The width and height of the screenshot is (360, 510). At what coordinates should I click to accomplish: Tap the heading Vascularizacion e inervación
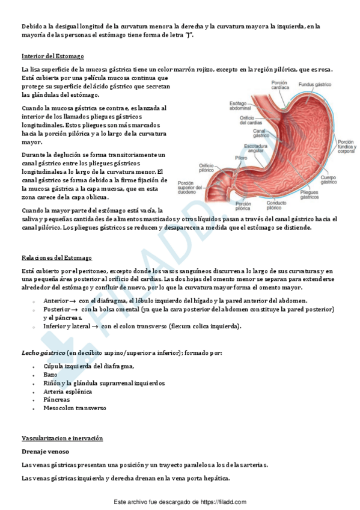point(62,438)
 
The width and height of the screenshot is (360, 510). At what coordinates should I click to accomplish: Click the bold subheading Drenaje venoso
point(45,452)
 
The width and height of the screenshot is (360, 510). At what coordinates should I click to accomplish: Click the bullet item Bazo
point(50,374)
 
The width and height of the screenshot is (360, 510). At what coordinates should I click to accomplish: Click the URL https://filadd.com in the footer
point(224,502)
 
